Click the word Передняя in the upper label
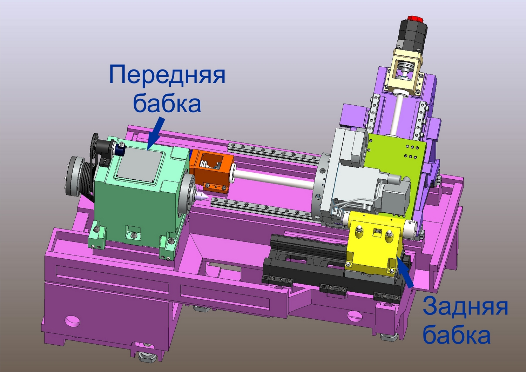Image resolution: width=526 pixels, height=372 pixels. [167, 75]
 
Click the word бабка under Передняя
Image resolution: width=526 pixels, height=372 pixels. [167, 102]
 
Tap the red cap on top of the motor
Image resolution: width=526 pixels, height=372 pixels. [414, 19]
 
